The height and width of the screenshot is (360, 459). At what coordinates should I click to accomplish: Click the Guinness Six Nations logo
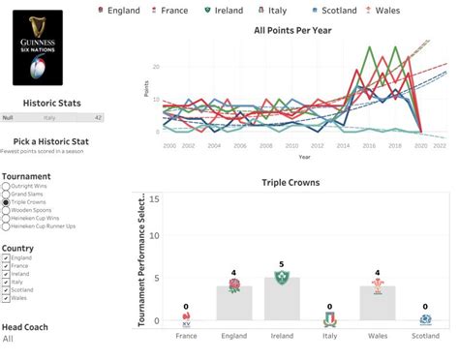[x=37, y=48]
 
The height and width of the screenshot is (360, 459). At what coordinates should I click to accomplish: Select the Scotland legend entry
[x=336, y=10]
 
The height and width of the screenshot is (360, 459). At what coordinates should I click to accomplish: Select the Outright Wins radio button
[x=6, y=186]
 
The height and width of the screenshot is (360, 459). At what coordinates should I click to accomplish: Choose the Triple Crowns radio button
[x=6, y=201]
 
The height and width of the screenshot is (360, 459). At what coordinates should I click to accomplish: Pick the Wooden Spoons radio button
[x=6, y=210]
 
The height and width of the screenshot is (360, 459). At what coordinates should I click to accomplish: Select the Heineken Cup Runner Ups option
[x=6, y=226]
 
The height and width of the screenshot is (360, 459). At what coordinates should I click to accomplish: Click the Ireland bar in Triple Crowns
[x=282, y=299]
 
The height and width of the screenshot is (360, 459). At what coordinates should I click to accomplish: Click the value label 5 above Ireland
[x=282, y=264]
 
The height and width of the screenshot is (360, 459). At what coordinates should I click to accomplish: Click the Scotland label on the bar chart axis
[x=426, y=335]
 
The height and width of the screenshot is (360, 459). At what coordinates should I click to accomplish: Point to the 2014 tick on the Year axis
[x=344, y=144]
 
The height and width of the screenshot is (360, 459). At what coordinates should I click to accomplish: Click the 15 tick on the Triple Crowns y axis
[x=156, y=197]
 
